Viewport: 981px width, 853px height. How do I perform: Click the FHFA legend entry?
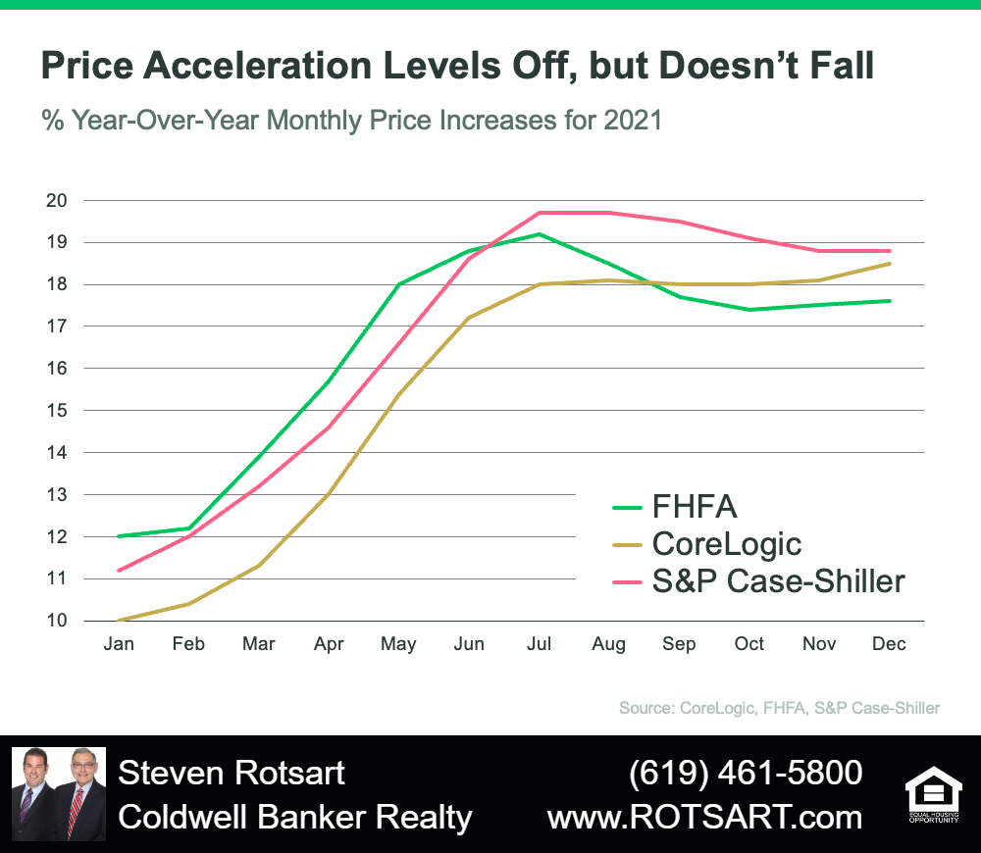[x=675, y=507]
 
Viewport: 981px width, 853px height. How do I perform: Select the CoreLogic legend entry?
[x=707, y=544]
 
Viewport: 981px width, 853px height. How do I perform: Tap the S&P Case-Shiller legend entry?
[x=758, y=581]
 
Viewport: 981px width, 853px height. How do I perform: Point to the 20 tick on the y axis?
[x=56, y=201]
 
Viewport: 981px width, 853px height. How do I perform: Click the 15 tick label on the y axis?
[x=56, y=410]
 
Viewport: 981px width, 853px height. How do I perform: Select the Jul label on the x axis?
[x=539, y=643]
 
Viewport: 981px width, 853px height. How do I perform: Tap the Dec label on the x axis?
[x=889, y=643]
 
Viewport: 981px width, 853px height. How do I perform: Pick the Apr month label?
[x=329, y=644]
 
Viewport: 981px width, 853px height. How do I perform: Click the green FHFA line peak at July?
[x=540, y=234]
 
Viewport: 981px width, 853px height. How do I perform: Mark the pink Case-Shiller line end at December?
[x=889, y=251]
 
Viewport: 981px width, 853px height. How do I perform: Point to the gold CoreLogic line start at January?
[x=119, y=621]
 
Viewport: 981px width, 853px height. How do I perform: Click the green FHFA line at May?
[x=399, y=284]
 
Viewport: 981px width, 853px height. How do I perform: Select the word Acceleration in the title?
[x=259, y=65]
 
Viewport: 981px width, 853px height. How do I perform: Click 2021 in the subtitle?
[x=633, y=120]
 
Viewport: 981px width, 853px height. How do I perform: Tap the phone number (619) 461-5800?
[x=746, y=773]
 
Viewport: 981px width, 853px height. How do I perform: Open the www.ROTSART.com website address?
[x=705, y=817]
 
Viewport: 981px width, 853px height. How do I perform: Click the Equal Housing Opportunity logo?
[x=934, y=794]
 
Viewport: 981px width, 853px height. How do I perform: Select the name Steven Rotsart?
[x=232, y=773]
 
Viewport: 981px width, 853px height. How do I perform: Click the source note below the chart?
[x=780, y=708]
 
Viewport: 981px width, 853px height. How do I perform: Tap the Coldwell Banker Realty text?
[x=295, y=818]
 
